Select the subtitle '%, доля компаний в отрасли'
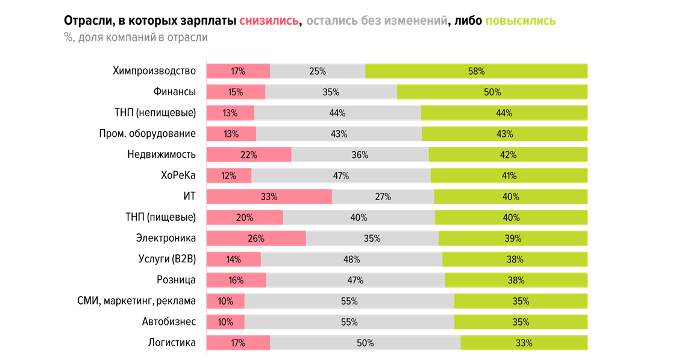136,37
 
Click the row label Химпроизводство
154,71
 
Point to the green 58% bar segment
476,71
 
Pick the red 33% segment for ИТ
269,197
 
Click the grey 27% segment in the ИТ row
383,197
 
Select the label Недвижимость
161,154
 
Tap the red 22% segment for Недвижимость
248,154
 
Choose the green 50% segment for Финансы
492,92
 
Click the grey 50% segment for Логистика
365,343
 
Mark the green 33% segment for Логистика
524,343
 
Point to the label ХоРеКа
178,175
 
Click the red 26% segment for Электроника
256,238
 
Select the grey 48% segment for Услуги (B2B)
351,259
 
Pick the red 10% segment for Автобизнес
225,322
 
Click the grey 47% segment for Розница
355,280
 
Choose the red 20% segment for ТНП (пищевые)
245,218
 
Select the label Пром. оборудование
147,134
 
